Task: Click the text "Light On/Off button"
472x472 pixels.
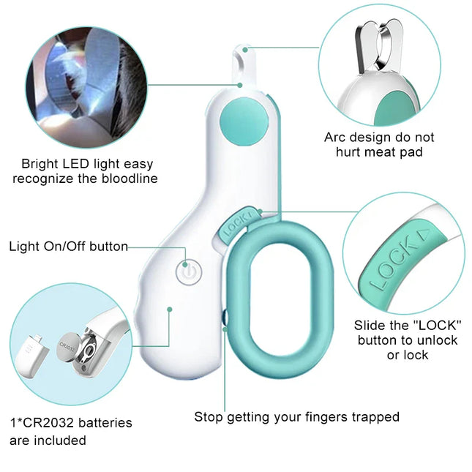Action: pyautogui.click(x=68, y=247)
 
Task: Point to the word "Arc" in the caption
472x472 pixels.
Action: pyautogui.click(x=334, y=138)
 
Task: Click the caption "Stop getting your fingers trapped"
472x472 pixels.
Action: pyautogui.click(x=296, y=417)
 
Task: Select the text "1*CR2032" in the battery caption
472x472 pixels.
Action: pyautogui.click(x=40, y=423)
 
